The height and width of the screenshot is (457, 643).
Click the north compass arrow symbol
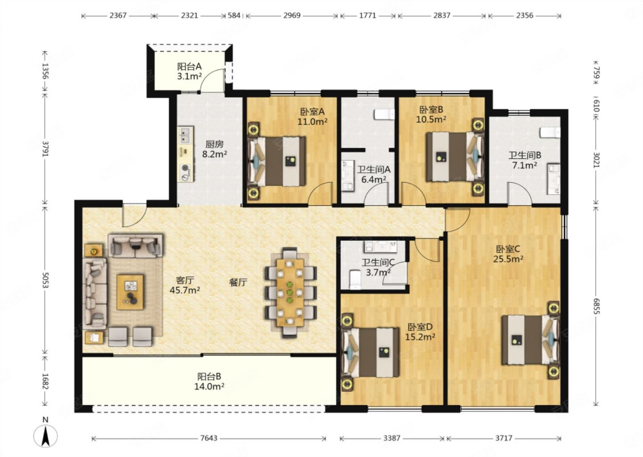click(46, 436)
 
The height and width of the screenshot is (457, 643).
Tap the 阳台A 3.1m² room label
click(189, 71)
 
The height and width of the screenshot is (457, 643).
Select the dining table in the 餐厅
click(290, 292)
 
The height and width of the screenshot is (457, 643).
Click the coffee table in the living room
click(130, 292)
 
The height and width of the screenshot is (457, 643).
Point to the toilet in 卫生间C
click(355, 280)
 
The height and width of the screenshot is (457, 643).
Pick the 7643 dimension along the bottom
click(209, 438)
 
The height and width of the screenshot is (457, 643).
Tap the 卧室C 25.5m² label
click(508, 254)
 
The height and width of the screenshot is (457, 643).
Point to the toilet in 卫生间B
click(550, 133)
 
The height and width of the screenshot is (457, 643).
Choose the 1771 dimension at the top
click(368, 16)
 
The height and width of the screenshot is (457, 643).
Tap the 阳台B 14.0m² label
click(209, 381)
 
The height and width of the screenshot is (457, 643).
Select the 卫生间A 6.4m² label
click(373, 174)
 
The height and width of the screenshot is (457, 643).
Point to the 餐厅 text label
click(238, 283)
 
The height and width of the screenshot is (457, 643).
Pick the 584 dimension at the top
click(234, 16)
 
